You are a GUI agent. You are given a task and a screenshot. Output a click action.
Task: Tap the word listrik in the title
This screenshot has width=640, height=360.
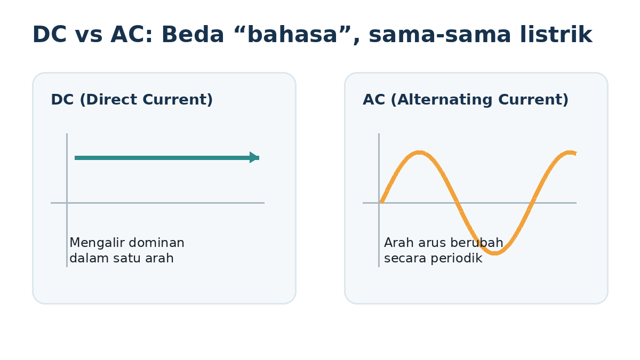(556, 34)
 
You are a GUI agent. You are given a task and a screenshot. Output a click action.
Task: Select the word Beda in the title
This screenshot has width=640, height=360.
(193, 34)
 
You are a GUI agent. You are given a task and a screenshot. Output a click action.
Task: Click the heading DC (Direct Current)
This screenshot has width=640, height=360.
(132, 100)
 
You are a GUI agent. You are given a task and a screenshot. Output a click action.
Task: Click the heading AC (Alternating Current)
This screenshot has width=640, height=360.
(466, 100)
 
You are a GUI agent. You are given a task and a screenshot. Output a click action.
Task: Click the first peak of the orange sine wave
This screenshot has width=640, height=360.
(419, 153)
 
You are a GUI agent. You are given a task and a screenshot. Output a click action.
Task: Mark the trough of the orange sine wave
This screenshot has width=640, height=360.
(494, 253)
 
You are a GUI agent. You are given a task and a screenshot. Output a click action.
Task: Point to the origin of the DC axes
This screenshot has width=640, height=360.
(67, 203)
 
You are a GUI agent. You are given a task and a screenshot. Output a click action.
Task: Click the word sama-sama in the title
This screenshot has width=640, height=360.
(439, 35)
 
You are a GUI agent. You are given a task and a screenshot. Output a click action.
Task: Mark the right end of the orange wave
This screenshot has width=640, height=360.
(575, 154)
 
